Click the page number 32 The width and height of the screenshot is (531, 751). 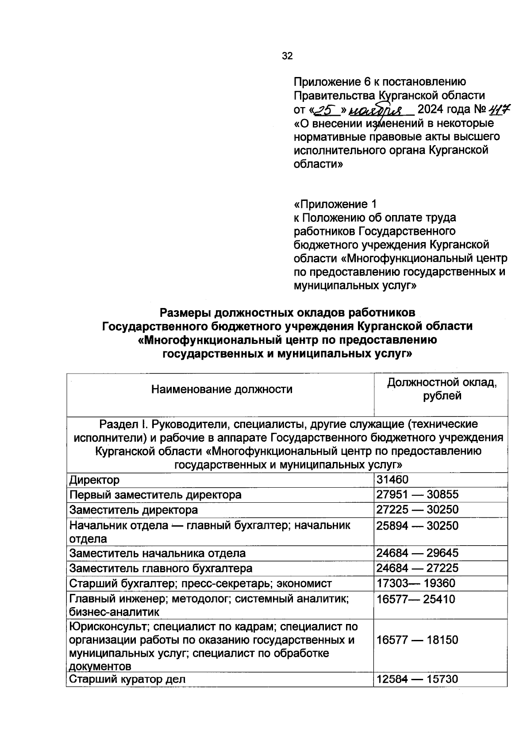tap(287, 56)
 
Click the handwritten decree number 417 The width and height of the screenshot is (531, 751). tap(499, 109)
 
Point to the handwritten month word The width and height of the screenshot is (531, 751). tap(381, 110)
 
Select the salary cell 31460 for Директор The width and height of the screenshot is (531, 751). tap(392, 480)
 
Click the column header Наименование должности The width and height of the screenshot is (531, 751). tap(221, 389)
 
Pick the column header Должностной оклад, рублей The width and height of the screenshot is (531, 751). tap(441, 389)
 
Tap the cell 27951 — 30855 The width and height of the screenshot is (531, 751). tap(417, 495)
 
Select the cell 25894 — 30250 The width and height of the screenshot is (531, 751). tap(417, 526)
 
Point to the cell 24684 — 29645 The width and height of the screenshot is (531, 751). tap(417, 553)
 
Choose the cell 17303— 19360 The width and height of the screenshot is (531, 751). tap(416, 583)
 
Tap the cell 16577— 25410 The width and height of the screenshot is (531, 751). tap(416, 600)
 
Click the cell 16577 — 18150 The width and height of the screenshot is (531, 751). tap(417, 640)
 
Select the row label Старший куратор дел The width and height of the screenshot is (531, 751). tap(127, 679)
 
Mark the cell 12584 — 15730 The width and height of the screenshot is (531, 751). tap(417, 679)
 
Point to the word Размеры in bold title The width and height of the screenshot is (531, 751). tap(185, 313)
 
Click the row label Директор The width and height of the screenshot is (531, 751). tap(94, 480)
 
